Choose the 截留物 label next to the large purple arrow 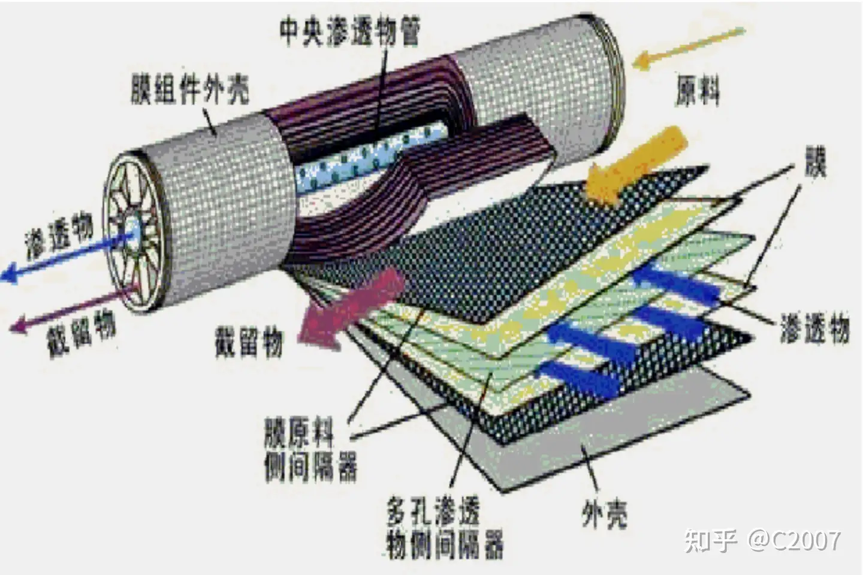click(x=249, y=343)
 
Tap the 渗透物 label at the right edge click(x=814, y=329)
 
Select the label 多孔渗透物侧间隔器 click(x=444, y=528)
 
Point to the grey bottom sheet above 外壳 click(x=629, y=432)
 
